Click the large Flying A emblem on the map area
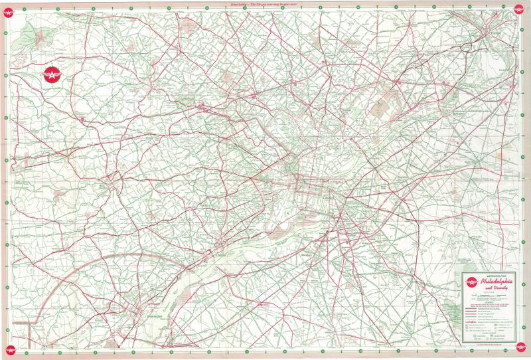tap(49, 76)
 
